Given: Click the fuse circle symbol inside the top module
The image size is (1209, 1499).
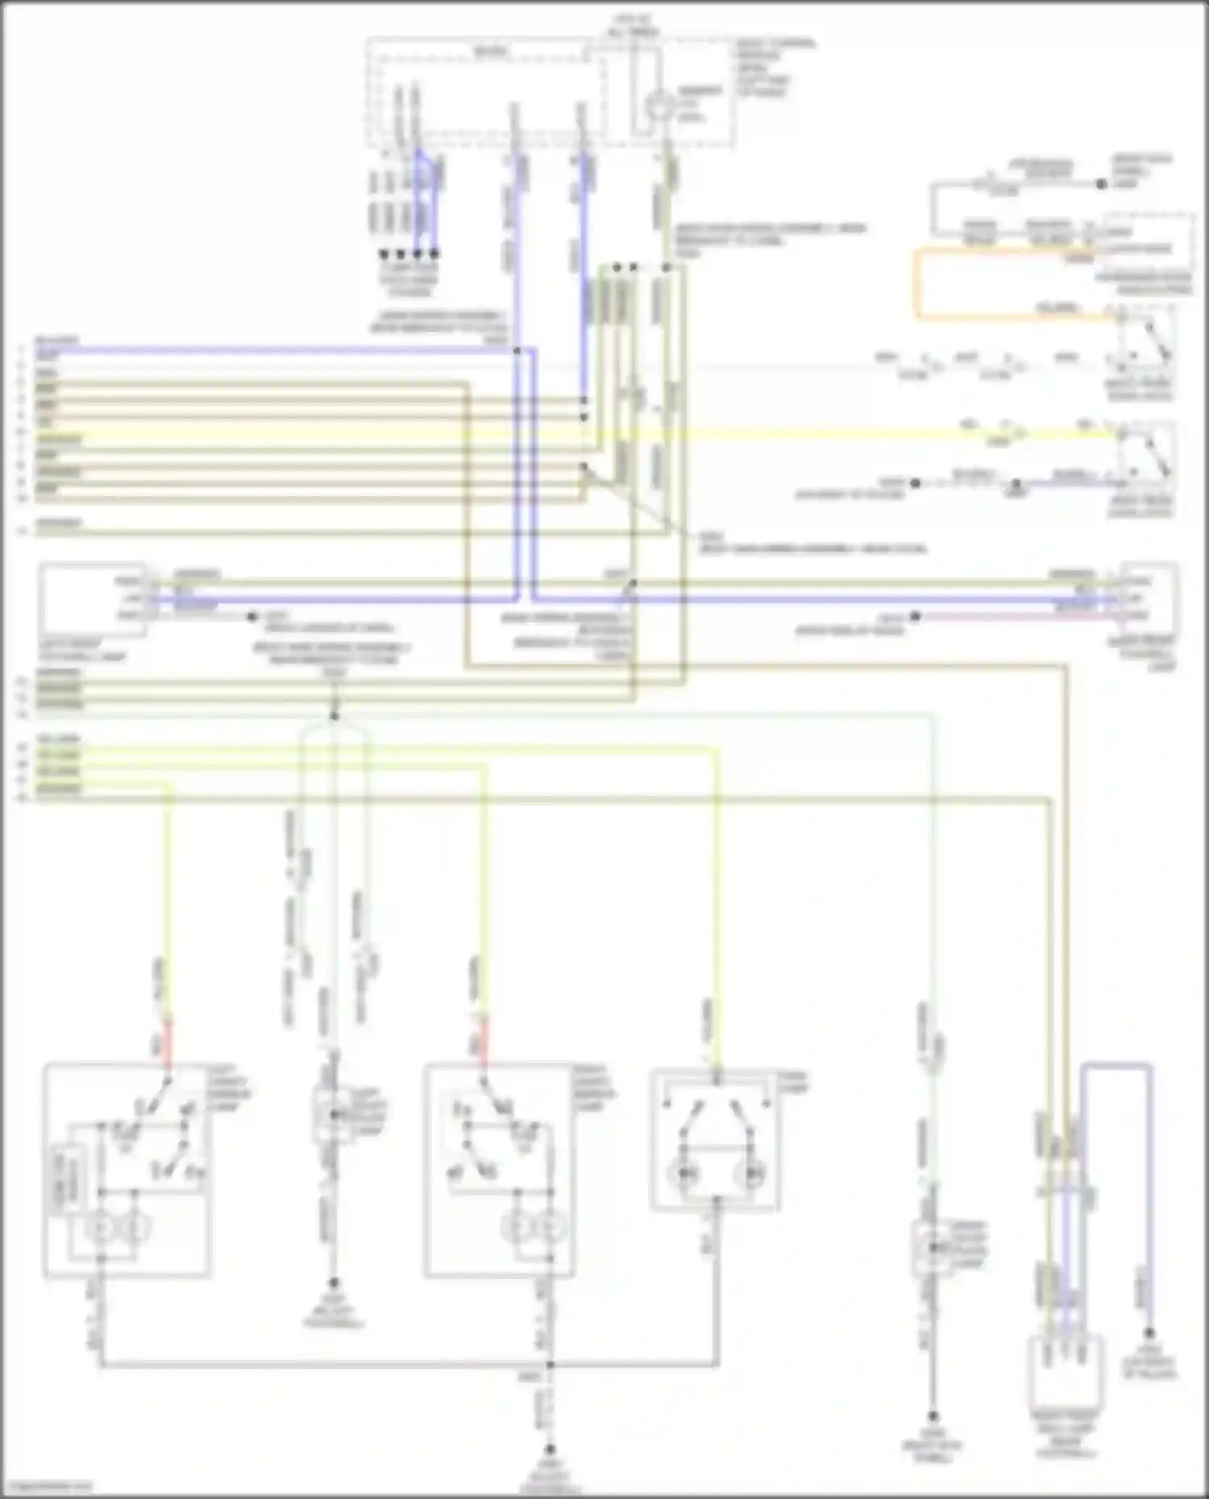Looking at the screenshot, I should pos(659,106).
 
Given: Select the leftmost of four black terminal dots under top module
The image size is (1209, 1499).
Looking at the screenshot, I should pos(384,254).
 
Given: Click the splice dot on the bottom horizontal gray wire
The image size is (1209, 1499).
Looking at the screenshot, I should pos(550,1364).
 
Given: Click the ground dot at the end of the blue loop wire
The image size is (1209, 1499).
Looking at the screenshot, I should pos(1150,1333).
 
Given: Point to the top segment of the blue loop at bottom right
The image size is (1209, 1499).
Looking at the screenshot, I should pos(1116,1065).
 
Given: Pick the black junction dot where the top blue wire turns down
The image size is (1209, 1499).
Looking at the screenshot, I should pos(517,351).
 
